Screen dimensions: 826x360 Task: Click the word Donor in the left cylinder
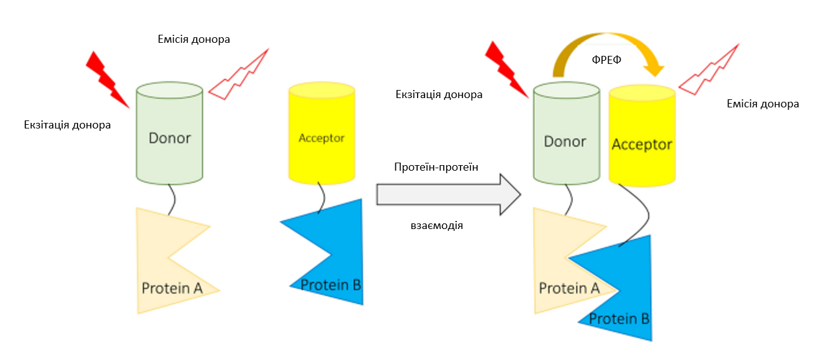click(169, 138)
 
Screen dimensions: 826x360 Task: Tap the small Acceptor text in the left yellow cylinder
click(321, 138)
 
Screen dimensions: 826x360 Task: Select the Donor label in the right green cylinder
click(565, 142)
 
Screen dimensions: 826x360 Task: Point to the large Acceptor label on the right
click(642, 145)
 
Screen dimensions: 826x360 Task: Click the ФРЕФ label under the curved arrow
click(606, 60)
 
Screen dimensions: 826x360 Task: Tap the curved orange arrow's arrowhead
click(654, 70)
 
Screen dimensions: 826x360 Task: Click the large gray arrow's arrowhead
click(510, 194)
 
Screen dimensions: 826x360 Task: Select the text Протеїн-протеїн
click(436, 167)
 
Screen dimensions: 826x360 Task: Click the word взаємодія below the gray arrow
click(437, 225)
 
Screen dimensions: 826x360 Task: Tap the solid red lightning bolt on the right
click(506, 70)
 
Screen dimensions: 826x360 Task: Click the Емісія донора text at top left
click(194, 39)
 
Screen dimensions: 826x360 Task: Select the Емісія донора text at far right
click(763, 104)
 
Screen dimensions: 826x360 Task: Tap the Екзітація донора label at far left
click(67, 125)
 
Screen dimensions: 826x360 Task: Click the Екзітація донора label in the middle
click(439, 94)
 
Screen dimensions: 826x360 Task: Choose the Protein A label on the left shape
click(172, 288)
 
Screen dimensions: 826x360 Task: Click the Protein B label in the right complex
click(619, 318)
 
